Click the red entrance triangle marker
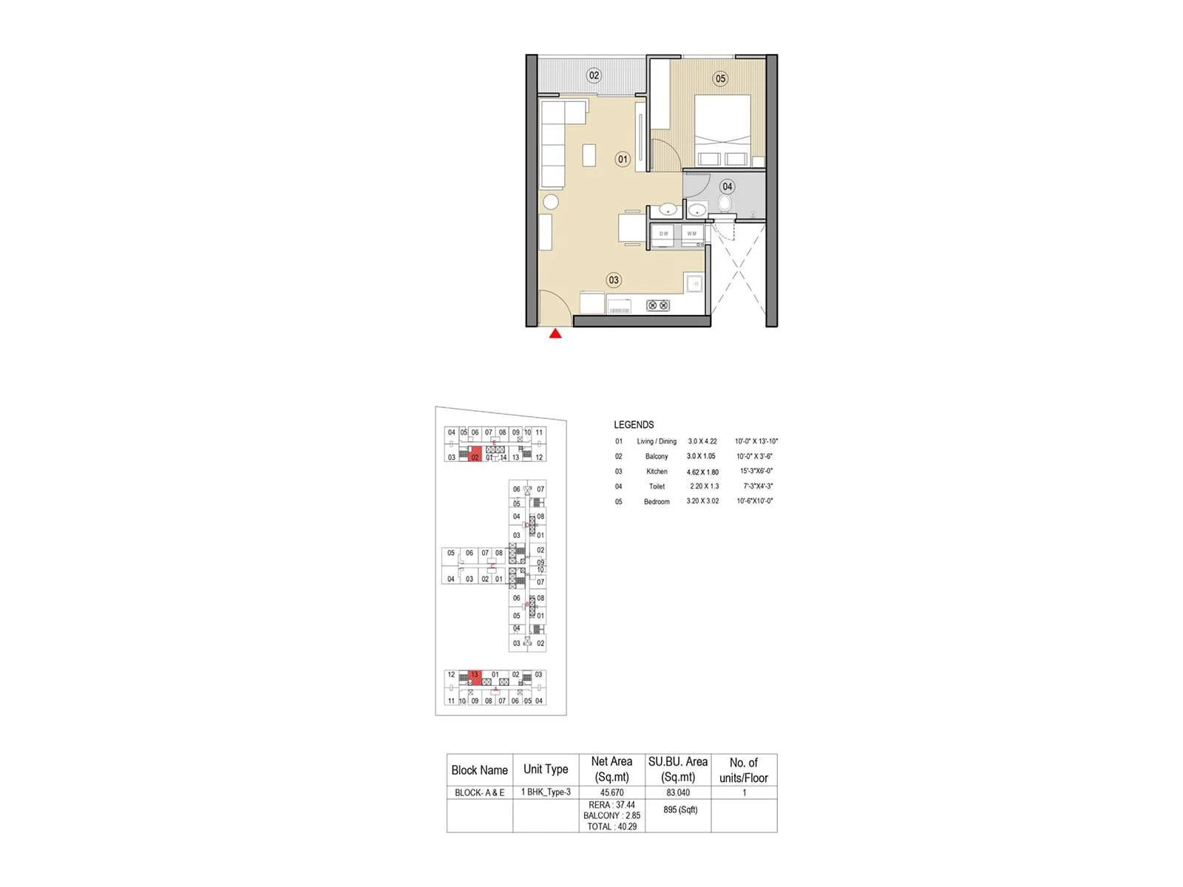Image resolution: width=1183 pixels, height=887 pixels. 555,334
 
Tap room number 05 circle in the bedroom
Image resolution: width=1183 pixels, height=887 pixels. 720,79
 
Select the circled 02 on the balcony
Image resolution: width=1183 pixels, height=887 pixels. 594,75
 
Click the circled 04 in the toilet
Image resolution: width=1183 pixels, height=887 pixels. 728,187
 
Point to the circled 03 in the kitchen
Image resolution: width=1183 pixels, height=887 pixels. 614,280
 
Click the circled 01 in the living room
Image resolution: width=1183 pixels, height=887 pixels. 623,159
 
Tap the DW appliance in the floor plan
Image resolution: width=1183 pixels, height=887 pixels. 664,234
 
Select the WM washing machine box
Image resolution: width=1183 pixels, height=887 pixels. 692,234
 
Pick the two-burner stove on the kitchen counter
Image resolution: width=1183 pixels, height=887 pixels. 658,305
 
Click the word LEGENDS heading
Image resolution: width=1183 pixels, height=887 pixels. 634,425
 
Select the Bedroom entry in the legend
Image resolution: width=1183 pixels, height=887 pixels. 657,502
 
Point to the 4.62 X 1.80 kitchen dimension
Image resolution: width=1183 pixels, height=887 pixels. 702,472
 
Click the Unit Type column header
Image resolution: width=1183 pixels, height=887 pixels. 546,769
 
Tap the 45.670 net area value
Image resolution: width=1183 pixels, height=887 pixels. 611,792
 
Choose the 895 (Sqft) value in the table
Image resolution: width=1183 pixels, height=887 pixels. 680,810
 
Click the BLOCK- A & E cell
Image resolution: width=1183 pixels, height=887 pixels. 479,792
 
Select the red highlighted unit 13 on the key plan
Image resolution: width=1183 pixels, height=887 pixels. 475,676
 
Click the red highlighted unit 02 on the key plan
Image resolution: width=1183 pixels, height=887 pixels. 475,455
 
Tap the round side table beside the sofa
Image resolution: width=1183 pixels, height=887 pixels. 551,202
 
